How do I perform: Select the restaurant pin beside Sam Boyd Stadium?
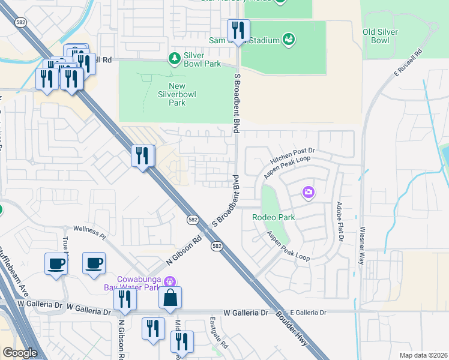(x=238, y=31)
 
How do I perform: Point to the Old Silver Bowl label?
(x=384, y=36)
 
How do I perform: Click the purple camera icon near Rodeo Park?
(x=309, y=192)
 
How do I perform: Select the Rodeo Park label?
(x=273, y=217)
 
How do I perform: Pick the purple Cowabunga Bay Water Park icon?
(x=170, y=281)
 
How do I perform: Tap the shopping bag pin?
(x=170, y=297)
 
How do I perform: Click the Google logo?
(x=19, y=353)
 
